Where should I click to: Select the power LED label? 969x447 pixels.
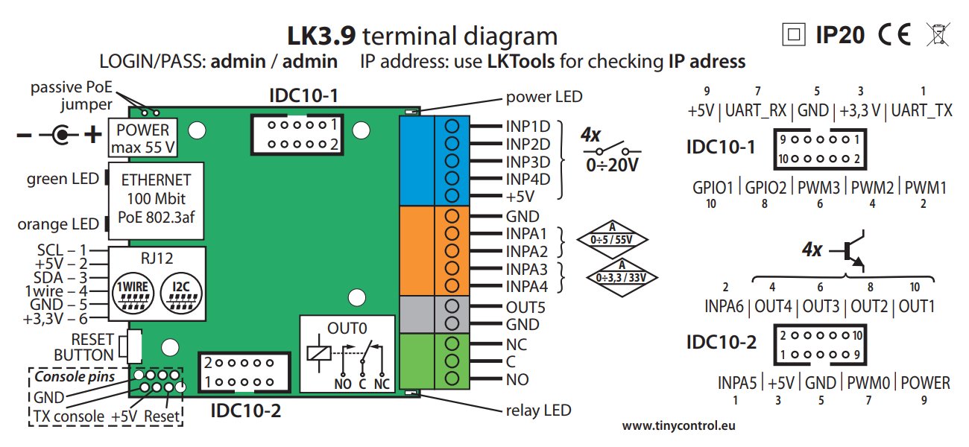[544, 97]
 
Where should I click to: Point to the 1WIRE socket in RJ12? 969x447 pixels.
[133, 294]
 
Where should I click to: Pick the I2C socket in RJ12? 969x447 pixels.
[180, 294]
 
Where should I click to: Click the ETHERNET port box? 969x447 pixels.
[156, 200]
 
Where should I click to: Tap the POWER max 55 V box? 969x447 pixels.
[144, 138]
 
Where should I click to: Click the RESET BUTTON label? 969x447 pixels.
[83, 347]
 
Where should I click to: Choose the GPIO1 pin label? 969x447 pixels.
[713, 187]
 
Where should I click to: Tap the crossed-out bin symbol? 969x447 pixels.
[935, 34]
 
